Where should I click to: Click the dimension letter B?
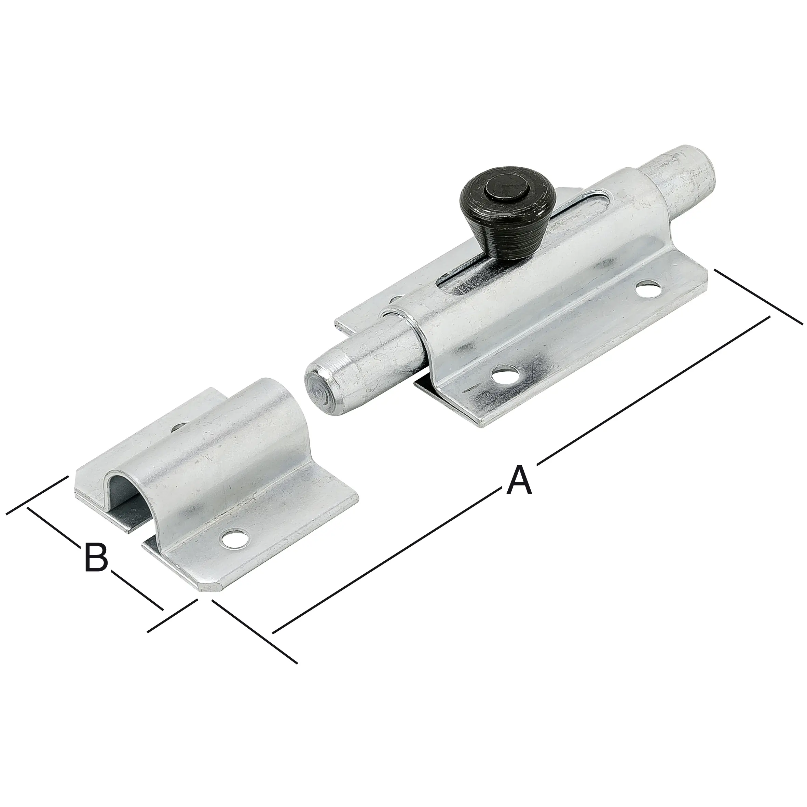point(96,557)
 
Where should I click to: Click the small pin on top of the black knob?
point(507,190)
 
